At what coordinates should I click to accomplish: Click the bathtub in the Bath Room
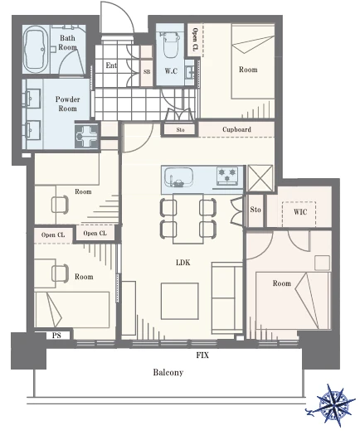point(36,50)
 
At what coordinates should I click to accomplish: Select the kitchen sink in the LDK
point(178,177)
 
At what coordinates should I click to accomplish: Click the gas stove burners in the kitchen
point(227,176)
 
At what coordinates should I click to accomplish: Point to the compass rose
point(333,405)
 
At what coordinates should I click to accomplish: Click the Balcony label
point(168,372)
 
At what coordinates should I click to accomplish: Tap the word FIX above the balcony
point(202,355)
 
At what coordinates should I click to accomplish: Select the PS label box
point(56,336)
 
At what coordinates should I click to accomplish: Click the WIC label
point(300,212)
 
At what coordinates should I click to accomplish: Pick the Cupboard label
point(236,129)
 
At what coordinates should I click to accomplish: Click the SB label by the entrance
point(147,71)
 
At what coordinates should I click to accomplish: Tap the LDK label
point(183,262)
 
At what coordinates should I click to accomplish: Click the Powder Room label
point(67,104)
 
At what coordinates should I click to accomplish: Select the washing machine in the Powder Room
point(86,136)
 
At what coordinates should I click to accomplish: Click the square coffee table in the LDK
point(180,301)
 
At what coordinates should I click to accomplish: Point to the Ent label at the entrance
point(111,65)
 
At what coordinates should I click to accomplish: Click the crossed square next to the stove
point(260,178)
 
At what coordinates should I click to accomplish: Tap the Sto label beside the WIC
point(255,210)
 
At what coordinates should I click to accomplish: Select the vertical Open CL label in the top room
point(195,39)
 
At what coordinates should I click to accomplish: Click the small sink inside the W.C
point(190,72)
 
